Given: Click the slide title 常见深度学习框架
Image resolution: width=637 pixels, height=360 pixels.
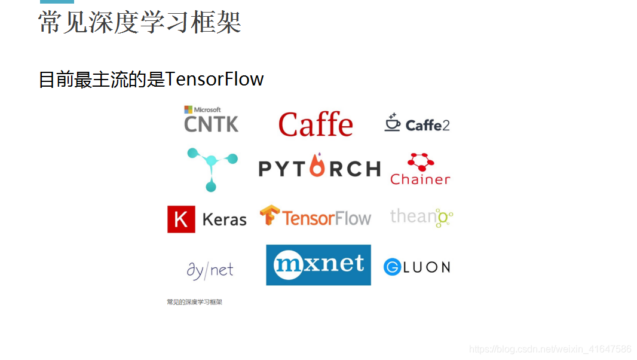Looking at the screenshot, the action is (x=139, y=22).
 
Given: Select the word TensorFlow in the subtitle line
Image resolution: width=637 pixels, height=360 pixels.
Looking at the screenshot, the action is (x=214, y=79).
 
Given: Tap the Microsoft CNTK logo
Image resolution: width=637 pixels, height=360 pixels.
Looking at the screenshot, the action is (x=211, y=120).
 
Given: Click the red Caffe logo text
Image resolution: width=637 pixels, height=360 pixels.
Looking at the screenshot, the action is (x=316, y=124).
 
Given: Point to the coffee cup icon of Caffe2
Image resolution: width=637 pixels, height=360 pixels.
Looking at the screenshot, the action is (x=392, y=122).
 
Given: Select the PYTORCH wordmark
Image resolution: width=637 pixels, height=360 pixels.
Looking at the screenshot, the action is (x=319, y=169).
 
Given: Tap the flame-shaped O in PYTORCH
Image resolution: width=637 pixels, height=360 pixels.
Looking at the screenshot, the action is (x=318, y=167).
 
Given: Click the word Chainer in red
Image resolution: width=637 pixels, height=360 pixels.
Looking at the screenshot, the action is (x=420, y=179).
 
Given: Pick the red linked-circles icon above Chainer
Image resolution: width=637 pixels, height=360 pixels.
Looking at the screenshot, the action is (x=420, y=161).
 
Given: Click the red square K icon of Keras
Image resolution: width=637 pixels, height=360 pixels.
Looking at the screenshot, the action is (x=181, y=219).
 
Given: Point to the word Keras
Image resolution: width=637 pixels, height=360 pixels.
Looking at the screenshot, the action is (x=225, y=220).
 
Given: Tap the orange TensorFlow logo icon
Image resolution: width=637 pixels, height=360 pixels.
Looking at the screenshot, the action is (x=269, y=216).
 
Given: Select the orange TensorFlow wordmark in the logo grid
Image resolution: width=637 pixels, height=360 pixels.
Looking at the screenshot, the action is (x=326, y=218).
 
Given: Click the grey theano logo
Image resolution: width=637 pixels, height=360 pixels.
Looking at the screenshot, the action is (x=421, y=217).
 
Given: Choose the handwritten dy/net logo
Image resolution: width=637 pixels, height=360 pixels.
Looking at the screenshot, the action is (x=210, y=270).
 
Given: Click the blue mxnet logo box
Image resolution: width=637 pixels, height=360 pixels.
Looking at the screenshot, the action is (x=318, y=265).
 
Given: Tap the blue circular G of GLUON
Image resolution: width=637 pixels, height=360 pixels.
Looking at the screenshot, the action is (x=392, y=267).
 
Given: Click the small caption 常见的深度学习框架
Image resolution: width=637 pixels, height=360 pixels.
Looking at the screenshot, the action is (x=194, y=302).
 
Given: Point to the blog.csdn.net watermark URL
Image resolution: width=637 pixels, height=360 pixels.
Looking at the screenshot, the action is (x=550, y=349).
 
